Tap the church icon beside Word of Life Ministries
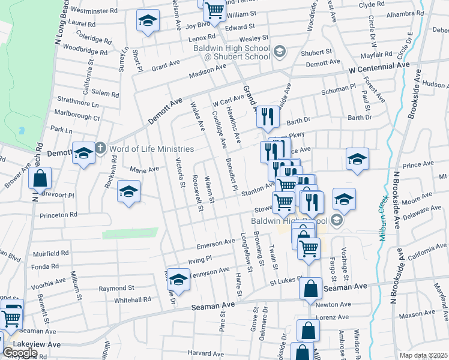tap(101, 148)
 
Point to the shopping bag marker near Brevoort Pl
tap(40, 179)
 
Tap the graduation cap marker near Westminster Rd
tap(146, 22)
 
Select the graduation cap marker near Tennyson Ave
tap(178, 279)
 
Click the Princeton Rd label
tap(58, 214)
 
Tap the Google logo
tap(20, 353)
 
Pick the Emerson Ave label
tap(216, 244)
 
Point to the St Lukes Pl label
tap(283, 281)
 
